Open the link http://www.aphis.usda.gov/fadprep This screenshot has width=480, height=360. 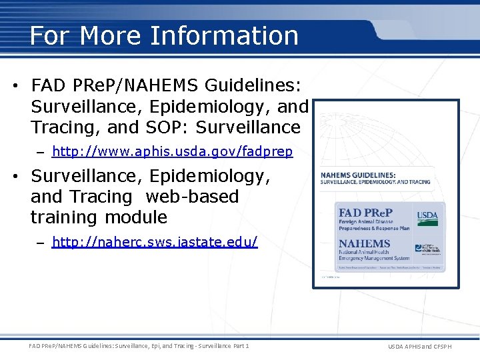172,152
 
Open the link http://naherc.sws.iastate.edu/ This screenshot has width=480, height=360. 154,242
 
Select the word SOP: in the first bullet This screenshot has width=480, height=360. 158,127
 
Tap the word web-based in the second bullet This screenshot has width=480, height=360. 192,197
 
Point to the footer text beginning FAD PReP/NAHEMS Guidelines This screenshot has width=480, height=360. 139,346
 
